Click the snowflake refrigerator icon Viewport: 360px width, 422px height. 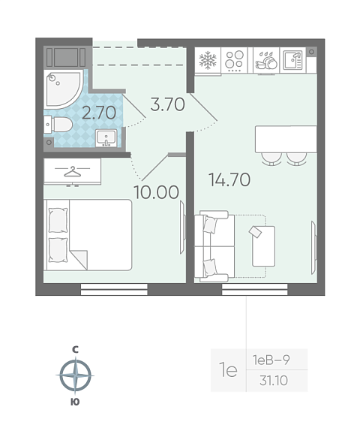(208, 60)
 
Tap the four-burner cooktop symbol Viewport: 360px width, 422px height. (234, 60)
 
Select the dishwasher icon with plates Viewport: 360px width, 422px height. (266, 60)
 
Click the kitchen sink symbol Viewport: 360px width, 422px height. (293, 60)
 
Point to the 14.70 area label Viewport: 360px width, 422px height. (229, 179)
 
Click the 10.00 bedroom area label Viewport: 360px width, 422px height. (156, 192)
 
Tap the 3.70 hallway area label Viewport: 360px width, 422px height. (168, 104)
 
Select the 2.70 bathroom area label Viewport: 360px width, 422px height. (99, 113)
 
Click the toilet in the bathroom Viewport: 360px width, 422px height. (58, 125)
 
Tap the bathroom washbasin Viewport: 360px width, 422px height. (106, 138)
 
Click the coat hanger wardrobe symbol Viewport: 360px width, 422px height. (72, 171)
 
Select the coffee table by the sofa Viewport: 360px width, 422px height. (263, 246)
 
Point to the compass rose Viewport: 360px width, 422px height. (75, 375)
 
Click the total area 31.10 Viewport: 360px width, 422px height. (274, 381)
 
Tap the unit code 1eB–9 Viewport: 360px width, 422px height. (271, 360)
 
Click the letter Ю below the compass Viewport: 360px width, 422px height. (75, 402)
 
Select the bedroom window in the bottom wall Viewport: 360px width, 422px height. (114, 289)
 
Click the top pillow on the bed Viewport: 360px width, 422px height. (58, 220)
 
